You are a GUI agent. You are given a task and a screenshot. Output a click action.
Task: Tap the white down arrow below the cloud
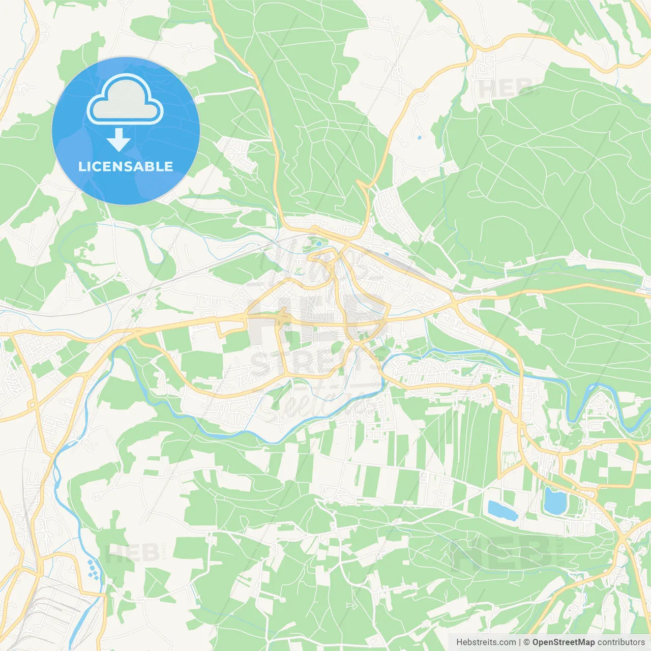[119, 140]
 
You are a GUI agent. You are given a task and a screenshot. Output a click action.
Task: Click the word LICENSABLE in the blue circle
[126, 166]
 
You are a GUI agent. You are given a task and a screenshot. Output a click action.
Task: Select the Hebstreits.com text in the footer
[486, 642]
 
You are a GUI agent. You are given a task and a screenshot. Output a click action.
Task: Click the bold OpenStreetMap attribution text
[563, 642]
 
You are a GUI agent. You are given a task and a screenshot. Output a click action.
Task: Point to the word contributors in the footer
[621, 642]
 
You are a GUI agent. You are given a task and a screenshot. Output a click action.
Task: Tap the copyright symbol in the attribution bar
[526, 642]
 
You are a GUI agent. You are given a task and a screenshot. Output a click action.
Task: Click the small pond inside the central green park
[317, 243]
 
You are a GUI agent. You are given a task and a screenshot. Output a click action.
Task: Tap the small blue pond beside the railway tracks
[387, 254]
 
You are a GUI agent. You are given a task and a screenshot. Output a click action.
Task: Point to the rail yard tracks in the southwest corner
[56, 605]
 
